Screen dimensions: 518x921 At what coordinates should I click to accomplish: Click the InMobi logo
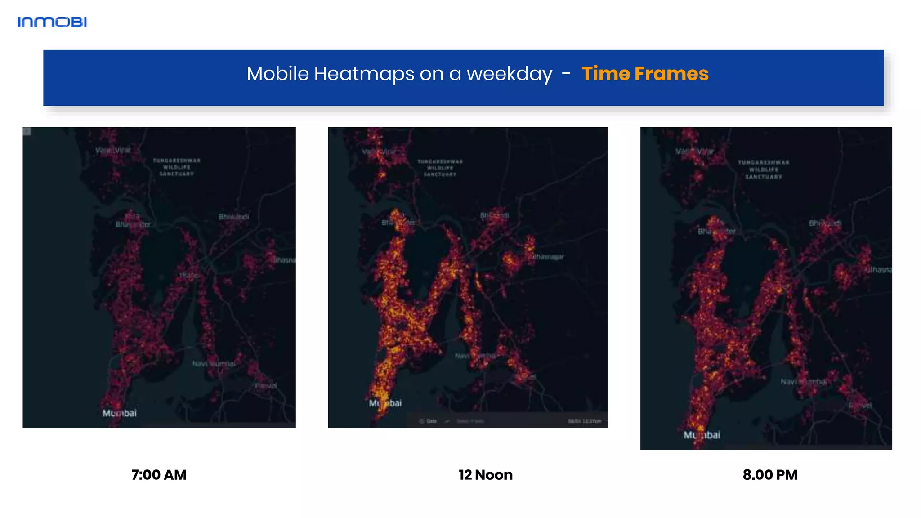(x=52, y=22)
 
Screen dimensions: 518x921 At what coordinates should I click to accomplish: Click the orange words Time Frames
(x=644, y=74)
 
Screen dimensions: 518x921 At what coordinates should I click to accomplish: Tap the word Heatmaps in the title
(x=364, y=74)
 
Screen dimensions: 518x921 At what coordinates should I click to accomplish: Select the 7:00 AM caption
(x=159, y=475)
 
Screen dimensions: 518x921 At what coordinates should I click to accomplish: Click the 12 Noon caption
(x=485, y=475)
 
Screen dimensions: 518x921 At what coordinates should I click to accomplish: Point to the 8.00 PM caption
(x=770, y=475)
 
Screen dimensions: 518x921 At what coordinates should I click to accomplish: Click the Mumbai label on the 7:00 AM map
(x=119, y=413)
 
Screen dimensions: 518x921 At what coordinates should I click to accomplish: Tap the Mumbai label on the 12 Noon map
(x=385, y=403)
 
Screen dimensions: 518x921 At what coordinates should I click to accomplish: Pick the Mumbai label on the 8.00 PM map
(x=702, y=435)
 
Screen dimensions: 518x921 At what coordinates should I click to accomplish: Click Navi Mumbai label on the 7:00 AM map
(x=214, y=363)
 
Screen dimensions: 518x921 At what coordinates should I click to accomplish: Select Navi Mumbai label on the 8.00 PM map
(x=804, y=382)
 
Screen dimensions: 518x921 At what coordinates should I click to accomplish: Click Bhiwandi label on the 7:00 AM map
(x=234, y=217)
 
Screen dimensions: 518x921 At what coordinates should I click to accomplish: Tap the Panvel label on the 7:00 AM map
(x=266, y=386)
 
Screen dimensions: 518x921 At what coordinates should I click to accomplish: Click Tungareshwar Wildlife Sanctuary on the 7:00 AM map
(x=177, y=167)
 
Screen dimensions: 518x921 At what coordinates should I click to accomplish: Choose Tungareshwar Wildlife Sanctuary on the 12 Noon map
(x=440, y=168)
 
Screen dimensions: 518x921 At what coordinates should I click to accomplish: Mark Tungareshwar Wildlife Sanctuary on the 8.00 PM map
(x=763, y=170)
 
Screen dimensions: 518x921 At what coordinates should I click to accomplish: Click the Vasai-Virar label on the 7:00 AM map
(x=113, y=151)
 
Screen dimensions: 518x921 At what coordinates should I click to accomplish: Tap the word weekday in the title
(x=509, y=74)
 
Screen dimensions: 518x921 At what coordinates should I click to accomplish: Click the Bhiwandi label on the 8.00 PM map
(x=825, y=223)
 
